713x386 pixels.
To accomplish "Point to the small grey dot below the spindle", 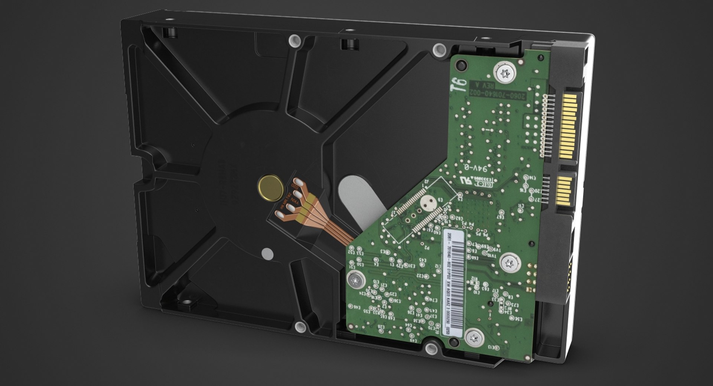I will tap(267, 254).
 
